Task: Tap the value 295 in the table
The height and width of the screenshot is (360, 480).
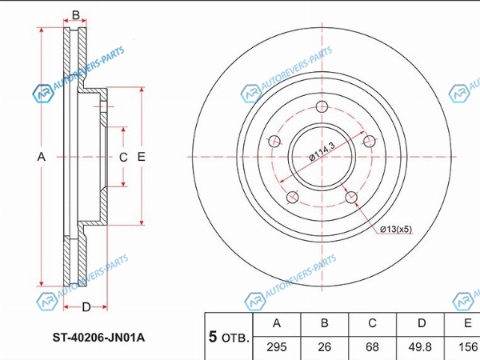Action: [x=278, y=347]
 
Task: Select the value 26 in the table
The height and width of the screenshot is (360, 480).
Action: [x=324, y=347]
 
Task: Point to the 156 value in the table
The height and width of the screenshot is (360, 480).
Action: [x=466, y=347]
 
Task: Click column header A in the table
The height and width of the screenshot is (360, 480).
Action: [x=278, y=323]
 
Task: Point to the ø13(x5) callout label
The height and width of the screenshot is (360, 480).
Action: [x=395, y=230]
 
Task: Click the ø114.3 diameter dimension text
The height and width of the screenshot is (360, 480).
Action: [x=322, y=152]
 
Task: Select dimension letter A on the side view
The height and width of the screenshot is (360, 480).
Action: [x=41, y=158]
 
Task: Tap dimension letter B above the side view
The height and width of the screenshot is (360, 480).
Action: [x=76, y=15]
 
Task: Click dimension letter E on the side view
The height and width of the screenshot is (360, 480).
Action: [x=141, y=158]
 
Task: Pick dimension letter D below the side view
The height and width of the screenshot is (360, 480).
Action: [x=86, y=306]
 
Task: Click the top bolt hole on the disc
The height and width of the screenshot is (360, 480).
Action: [x=322, y=108]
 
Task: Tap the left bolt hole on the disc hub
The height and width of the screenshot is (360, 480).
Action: [x=274, y=142]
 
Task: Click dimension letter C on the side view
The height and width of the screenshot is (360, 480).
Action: [x=123, y=158]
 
